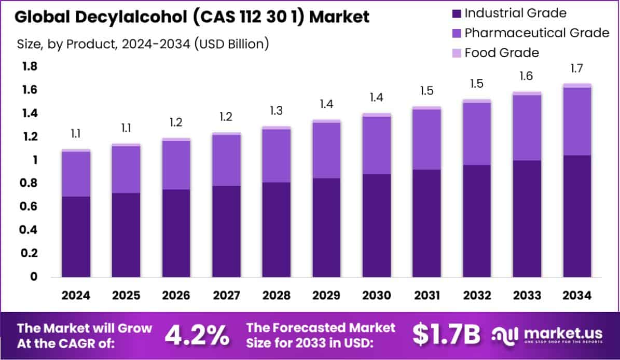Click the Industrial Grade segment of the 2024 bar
point(76,237)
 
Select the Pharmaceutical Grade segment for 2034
point(577,121)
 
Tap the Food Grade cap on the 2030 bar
point(377,115)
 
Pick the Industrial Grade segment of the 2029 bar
point(326,227)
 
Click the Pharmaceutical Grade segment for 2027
point(226,160)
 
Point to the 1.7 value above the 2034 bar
point(577,68)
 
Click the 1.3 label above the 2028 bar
point(276,110)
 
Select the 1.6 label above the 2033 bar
point(527,76)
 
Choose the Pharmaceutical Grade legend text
point(536,33)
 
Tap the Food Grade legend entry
point(501,53)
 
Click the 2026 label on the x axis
point(176,295)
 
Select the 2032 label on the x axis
point(477,295)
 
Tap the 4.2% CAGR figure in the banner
point(197,336)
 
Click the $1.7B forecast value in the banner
point(447,336)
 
